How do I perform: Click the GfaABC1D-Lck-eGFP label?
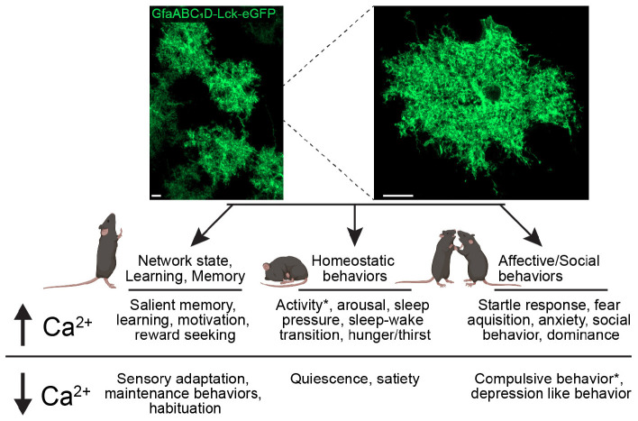click(213, 14)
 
